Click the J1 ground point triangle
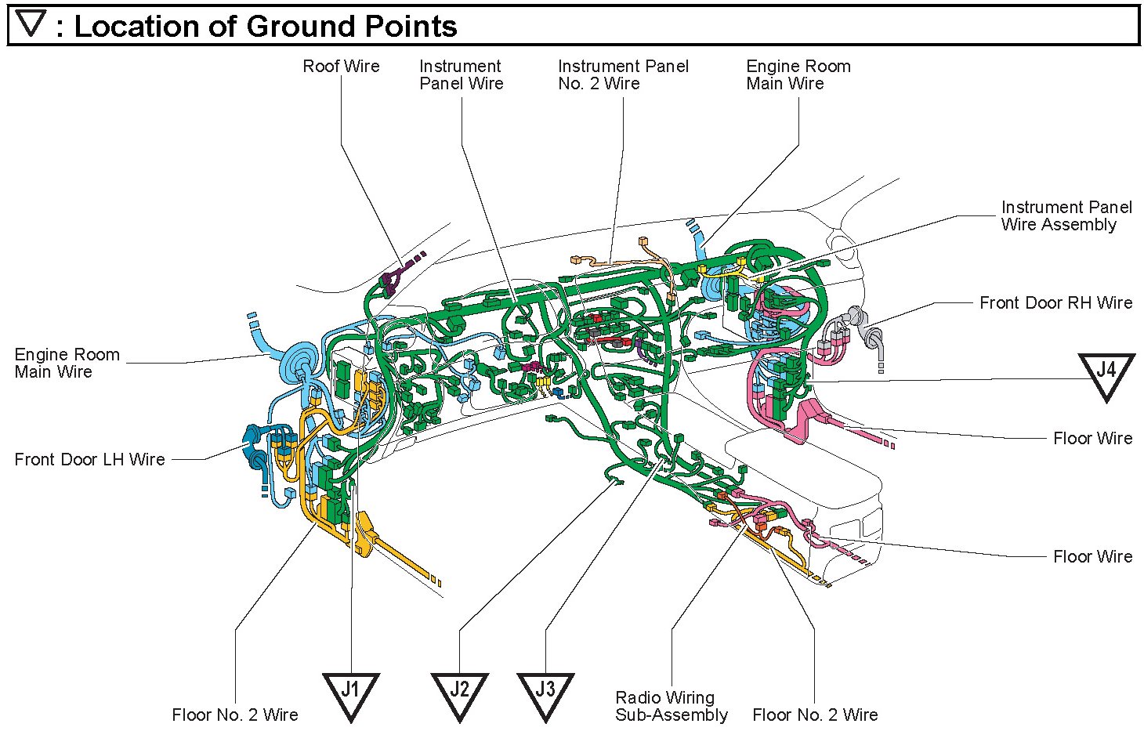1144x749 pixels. tap(350, 693)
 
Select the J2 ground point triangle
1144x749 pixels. tap(459, 693)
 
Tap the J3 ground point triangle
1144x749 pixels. tap(545, 693)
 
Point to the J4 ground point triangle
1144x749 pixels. tap(1106, 373)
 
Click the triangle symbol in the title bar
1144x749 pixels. tap(32, 24)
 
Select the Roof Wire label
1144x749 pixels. tap(341, 67)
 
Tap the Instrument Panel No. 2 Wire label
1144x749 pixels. tap(623, 75)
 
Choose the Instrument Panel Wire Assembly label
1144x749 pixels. tap(1066, 216)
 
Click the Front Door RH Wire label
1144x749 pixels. tap(1055, 303)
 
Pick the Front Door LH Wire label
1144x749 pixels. tap(89, 460)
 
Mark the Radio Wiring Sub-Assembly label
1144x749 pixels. tap(671, 706)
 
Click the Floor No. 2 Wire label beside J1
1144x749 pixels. tap(235, 715)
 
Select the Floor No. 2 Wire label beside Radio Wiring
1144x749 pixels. tap(815, 715)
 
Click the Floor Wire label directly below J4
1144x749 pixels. tap(1092, 439)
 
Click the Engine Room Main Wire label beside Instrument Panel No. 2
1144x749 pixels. tap(798, 75)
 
